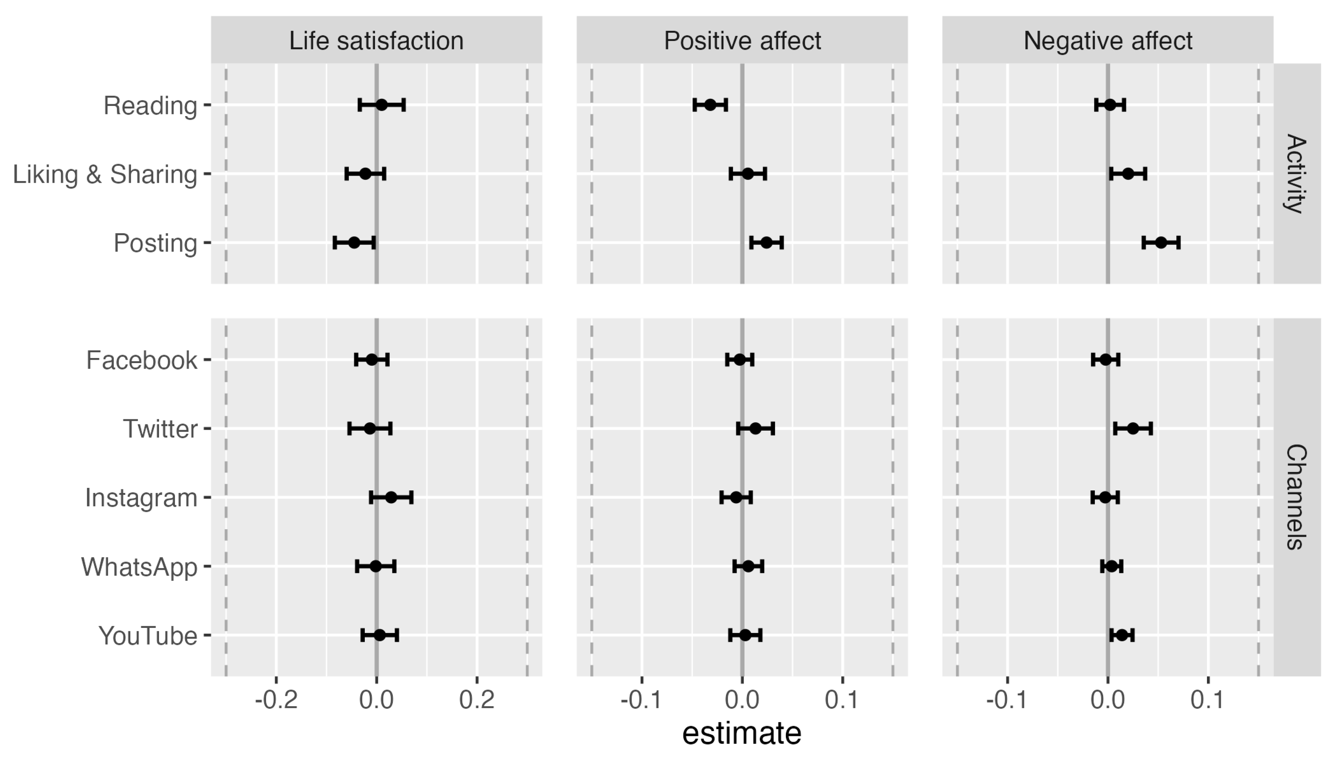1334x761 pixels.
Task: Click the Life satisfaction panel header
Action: tap(376, 41)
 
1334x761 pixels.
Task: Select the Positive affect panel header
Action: tap(742, 41)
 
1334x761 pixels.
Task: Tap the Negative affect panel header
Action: tap(1107, 41)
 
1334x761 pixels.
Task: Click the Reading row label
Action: tap(150, 106)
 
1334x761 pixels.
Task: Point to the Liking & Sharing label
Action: tap(105, 174)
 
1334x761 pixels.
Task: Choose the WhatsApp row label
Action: tap(139, 567)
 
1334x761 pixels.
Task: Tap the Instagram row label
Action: tap(141, 498)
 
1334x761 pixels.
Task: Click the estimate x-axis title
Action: tap(742, 733)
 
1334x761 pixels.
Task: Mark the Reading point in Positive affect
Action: tap(710, 104)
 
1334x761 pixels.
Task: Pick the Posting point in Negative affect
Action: tap(1160, 243)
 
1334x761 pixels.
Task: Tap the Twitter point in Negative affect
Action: tap(1132, 429)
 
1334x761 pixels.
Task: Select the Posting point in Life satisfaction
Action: tap(354, 243)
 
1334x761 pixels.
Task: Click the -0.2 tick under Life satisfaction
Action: tap(276, 699)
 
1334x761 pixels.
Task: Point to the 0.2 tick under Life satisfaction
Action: tap(476, 699)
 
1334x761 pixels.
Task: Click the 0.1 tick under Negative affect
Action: tap(1207, 699)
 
